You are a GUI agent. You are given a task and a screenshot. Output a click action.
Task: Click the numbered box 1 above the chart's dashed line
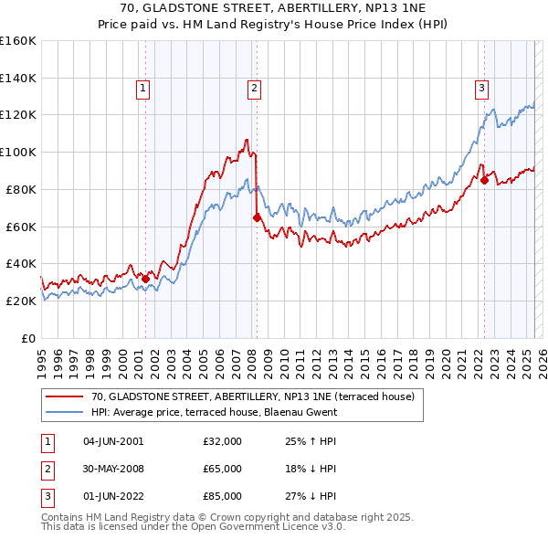144,89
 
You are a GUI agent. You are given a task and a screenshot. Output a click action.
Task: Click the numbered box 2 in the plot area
253,89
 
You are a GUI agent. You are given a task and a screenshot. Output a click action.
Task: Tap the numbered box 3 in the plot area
480,89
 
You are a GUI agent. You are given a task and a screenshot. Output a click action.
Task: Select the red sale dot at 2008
257,217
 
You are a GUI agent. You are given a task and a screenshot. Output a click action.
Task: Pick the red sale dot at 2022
484,180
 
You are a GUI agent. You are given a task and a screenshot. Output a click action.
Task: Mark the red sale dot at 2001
145,279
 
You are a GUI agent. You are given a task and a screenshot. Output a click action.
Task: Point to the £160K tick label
18,41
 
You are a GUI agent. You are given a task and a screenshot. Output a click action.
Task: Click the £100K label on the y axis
18,152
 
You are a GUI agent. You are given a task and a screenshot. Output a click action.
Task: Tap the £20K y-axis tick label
21,301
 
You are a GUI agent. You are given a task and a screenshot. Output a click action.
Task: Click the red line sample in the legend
65,396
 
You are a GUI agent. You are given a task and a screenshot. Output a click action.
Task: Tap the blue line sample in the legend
65,412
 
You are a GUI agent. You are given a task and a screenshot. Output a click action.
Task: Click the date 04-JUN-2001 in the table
113,441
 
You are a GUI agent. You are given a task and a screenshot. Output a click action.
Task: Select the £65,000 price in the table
223,469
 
